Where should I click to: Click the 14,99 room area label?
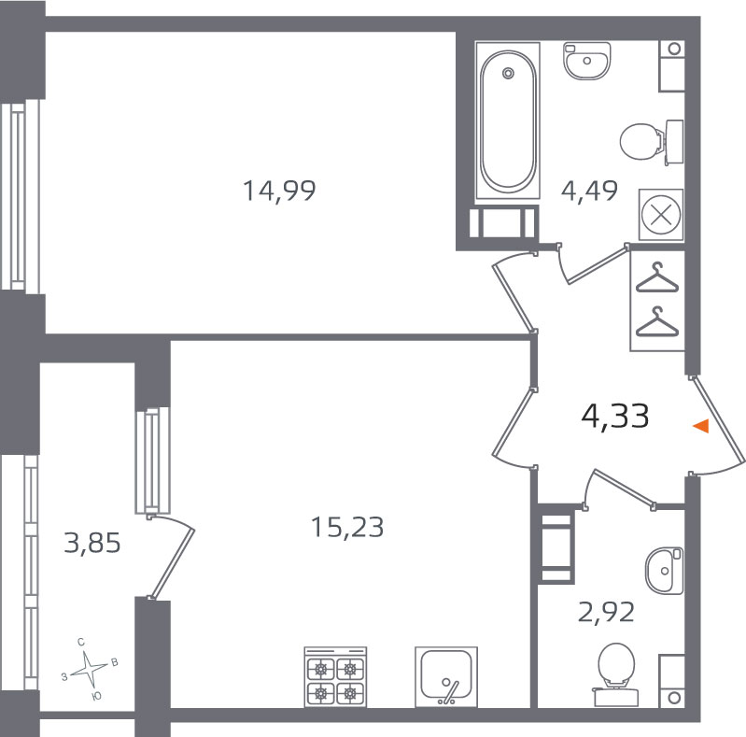[x=279, y=191]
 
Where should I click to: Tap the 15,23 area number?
[x=347, y=528]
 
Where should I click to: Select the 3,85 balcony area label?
[x=92, y=544]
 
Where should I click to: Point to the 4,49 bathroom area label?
[x=589, y=191]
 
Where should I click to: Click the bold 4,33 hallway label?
[x=615, y=416]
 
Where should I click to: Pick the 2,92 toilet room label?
[x=606, y=612]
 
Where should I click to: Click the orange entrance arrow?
[x=701, y=426]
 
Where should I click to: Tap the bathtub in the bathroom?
[x=508, y=120]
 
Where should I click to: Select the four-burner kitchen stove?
[x=335, y=676]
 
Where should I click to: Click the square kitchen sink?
[x=446, y=676]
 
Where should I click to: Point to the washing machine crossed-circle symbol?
[x=661, y=216]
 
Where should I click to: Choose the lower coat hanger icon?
[x=657, y=321]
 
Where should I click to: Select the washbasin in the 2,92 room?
[x=664, y=571]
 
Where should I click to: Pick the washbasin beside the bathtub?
[x=587, y=61]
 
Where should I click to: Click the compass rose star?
[x=89, y=670]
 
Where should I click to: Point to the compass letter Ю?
[x=96, y=697]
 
